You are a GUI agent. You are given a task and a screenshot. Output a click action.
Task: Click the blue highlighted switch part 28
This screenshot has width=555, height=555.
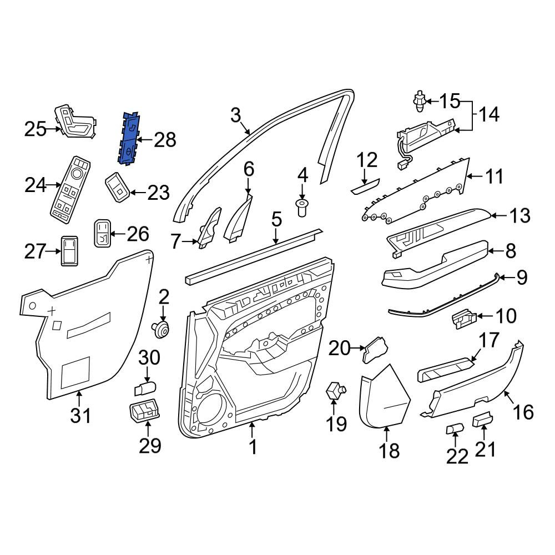(x=129, y=139)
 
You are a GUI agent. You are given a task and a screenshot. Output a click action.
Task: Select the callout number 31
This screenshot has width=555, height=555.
(x=80, y=415)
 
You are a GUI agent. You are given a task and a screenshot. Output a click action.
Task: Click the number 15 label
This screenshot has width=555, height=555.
(x=450, y=101)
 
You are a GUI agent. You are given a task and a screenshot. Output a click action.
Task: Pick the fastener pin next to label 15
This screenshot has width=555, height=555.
(x=420, y=101)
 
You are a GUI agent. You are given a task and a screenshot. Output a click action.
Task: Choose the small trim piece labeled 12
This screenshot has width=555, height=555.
(x=365, y=186)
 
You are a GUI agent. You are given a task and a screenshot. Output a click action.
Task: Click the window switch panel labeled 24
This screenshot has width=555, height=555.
(x=70, y=190)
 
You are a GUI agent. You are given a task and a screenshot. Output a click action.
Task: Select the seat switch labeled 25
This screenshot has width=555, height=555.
(x=75, y=122)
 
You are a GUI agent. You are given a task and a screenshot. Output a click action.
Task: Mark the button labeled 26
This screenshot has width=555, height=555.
(x=102, y=233)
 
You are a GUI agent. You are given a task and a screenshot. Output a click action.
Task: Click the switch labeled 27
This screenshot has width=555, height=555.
(x=70, y=251)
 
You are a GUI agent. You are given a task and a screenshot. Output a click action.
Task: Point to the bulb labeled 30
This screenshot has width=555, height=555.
(x=145, y=389)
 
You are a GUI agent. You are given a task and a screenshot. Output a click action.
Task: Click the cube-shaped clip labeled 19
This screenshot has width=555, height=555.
(x=335, y=390)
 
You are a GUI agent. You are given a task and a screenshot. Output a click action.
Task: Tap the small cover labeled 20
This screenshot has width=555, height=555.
(x=375, y=350)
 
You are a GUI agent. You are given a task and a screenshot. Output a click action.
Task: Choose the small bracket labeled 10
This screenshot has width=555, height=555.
(x=465, y=319)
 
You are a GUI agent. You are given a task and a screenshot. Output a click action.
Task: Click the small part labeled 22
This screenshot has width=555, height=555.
(x=455, y=429)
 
